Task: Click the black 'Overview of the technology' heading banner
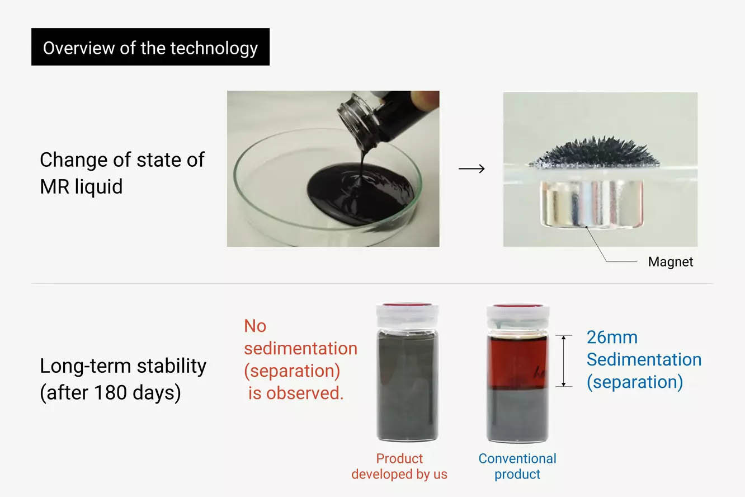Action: pyautogui.click(x=150, y=46)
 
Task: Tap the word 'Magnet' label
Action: pyautogui.click(x=671, y=262)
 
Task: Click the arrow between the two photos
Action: pyautogui.click(x=471, y=168)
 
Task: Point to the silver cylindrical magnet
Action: pyautogui.click(x=592, y=204)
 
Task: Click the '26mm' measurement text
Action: pyautogui.click(x=612, y=337)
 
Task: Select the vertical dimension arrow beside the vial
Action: pyautogui.click(x=563, y=361)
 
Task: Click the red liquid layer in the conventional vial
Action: pyautogui.click(x=517, y=362)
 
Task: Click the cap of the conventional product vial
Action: pyautogui.click(x=518, y=316)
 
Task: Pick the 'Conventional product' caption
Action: pyautogui.click(x=517, y=466)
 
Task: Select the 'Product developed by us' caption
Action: pyautogui.click(x=399, y=466)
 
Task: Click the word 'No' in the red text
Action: pyautogui.click(x=255, y=326)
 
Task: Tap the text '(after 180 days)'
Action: pyautogui.click(x=110, y=393)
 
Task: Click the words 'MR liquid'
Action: pyautogui.click(x=81, y=186)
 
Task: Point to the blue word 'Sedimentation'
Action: pyautogui.click(x=644, y=359)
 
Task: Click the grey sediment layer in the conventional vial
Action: pyautogui.click(x=517, y=414)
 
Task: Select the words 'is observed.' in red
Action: pyautogui.click(x=296, y=393)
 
